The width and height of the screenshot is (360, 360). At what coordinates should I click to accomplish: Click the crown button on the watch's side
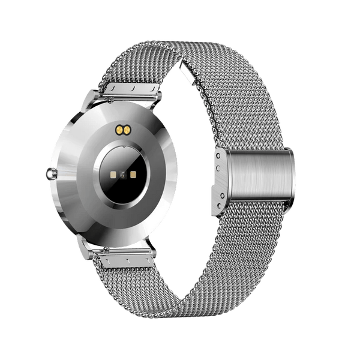49,174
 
